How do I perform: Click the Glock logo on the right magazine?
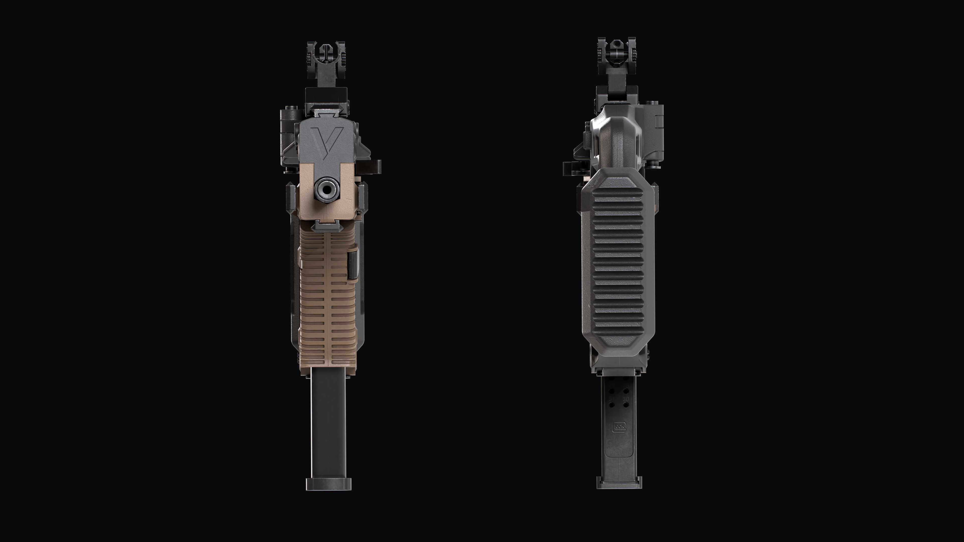click(619, 427)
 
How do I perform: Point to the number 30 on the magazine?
click(626, 399)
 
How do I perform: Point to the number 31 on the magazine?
click(612, 399)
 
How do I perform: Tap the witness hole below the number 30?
click(626, 405)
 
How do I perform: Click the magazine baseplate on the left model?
click(329, 484)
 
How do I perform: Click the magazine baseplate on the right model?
click(619, 483)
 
